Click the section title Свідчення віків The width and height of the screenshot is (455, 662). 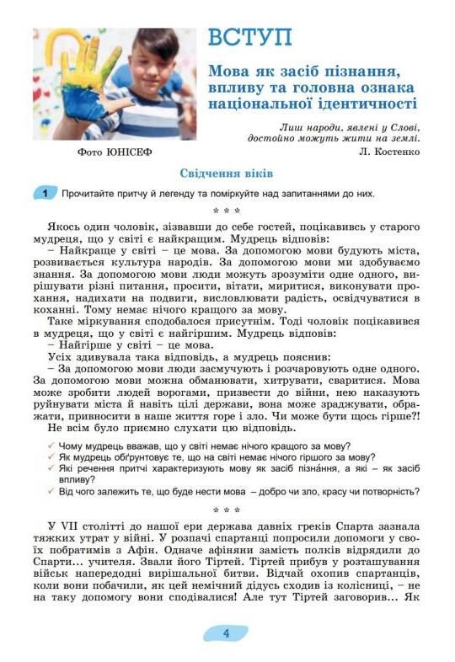(227, 174)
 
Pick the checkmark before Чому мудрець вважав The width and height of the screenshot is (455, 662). (52, 446)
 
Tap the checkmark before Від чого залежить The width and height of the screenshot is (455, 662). (52, 491)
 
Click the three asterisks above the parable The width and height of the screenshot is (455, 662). (227, 211)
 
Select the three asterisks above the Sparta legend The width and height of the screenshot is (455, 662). (227, 510)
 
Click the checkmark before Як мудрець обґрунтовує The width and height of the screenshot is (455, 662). (52, 457)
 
